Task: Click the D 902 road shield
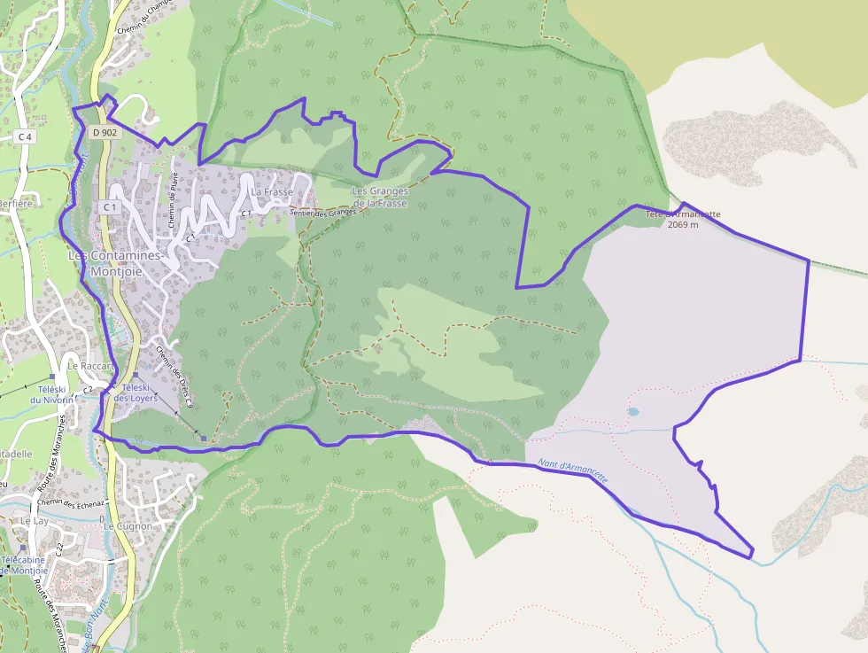tap(105, 133)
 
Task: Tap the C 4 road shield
tap(25, 136)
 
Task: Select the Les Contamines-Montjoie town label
tap(115, 263)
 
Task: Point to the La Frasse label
tap(272, 191)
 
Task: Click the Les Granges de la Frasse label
tap(380, 197)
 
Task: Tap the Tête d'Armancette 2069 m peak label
tap(683, 219)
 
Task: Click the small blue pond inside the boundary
tap(633, 412)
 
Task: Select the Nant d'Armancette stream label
tap(573, 470)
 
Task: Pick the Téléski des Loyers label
tap(136, 393)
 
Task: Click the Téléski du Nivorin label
tap(50, 394)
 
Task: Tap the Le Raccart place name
tap(92, 365)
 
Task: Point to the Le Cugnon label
tap(128, 525)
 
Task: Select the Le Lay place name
tap(35, 521)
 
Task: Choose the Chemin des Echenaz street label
tap(72, 502)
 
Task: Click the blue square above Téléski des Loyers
tap(136, 376)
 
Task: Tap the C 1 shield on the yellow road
tap(110, 206)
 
